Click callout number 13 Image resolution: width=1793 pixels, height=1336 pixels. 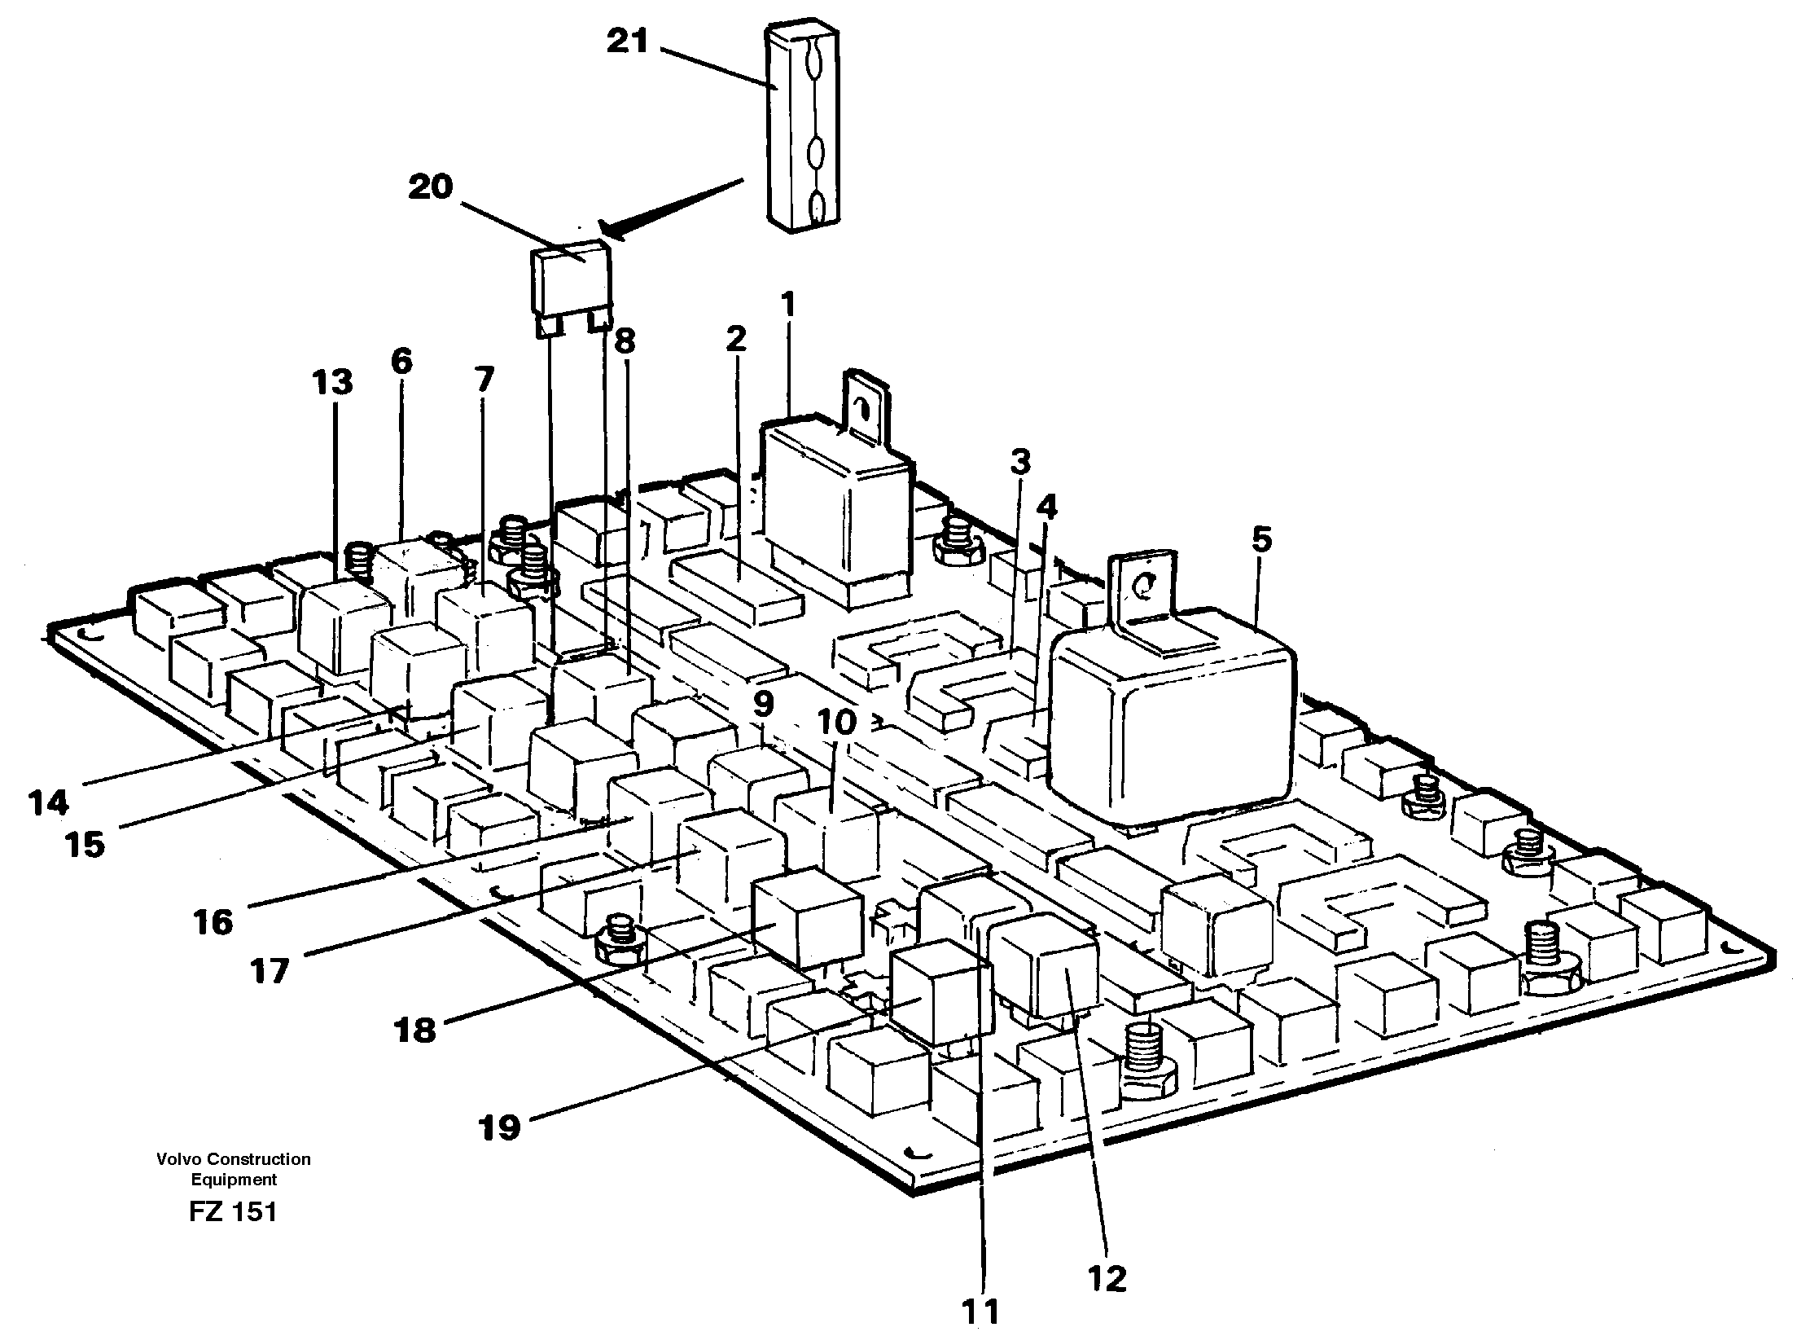click(x=333, y=381)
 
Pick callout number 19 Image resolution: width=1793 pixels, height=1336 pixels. click(x=499, y=1127)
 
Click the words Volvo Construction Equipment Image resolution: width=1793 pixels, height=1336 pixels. click(x=234, y=1169)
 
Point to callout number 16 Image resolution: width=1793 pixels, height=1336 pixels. click(x=213, y=923)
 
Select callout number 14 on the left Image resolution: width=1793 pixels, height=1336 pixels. click(x=47, y=803)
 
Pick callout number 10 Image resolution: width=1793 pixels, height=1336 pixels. click(x=838, y=722)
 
